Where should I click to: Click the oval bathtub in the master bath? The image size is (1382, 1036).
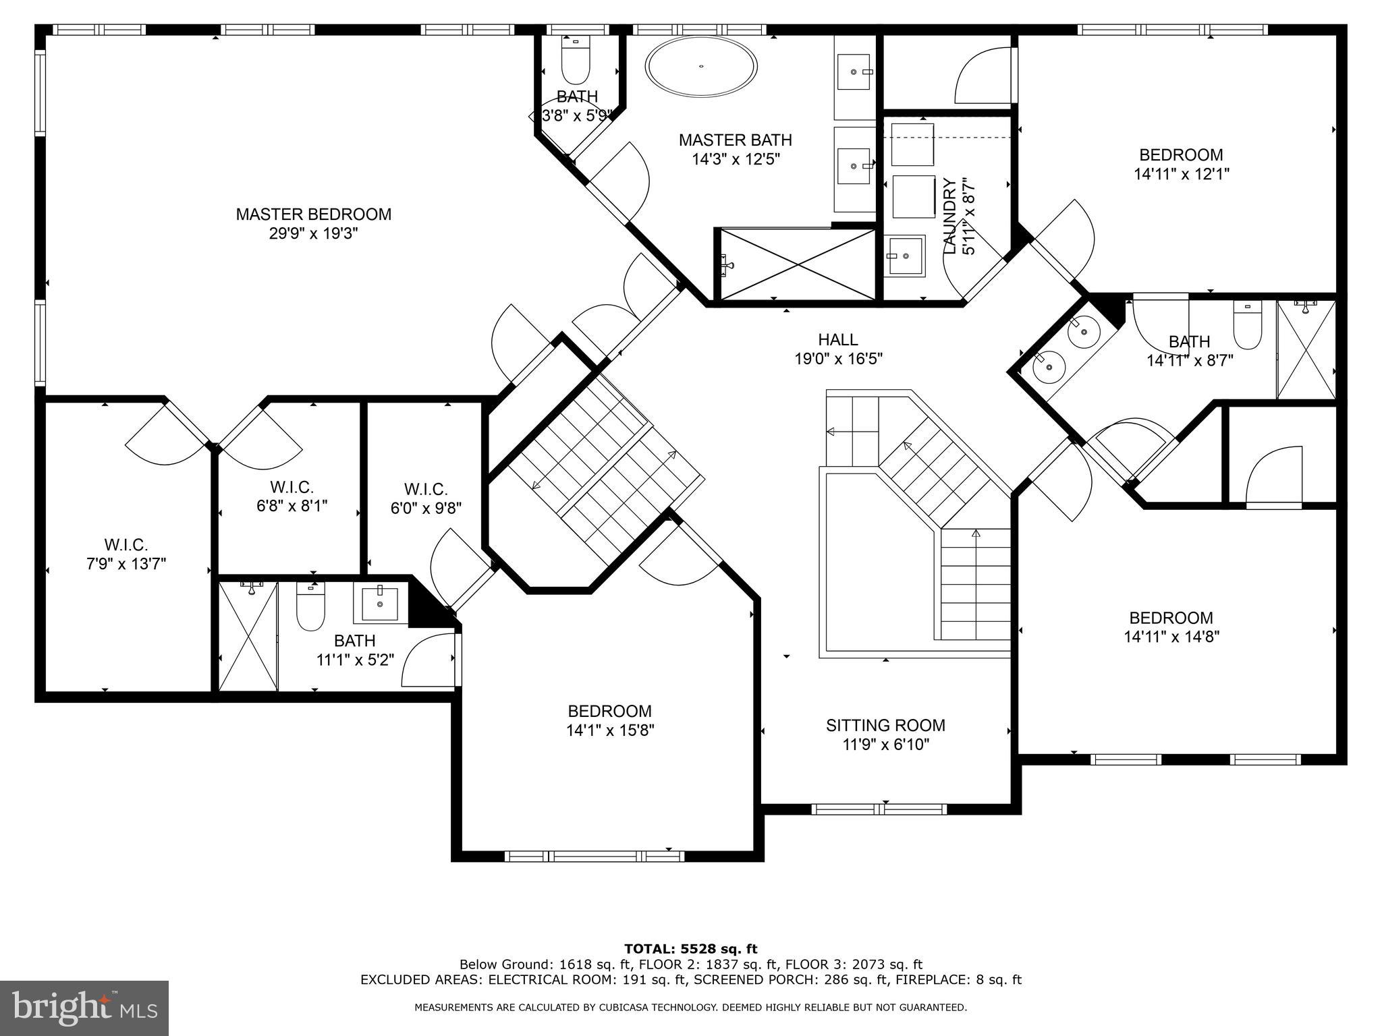[701, 66]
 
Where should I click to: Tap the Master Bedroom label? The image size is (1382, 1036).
[313, 214]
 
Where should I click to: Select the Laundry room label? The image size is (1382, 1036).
[949, 216]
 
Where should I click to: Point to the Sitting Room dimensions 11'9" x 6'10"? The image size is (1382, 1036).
[885, 745]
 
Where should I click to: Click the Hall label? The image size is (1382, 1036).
[838, 340]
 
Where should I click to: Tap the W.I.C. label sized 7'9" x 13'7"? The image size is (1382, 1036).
[126, 545]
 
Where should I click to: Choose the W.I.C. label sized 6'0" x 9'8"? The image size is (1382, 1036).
[426, 490]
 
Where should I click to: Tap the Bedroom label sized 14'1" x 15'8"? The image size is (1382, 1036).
[609, 711]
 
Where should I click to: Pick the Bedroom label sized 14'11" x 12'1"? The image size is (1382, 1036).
[1181, 155]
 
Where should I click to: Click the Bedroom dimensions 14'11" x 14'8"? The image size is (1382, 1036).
[1171, 637]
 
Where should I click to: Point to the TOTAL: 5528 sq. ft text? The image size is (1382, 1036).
[690, 950]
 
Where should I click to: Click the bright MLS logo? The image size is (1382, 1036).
[84, 1008]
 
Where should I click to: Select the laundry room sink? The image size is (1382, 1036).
[904, 256]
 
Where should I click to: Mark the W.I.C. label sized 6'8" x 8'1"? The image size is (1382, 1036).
[292, 487]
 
